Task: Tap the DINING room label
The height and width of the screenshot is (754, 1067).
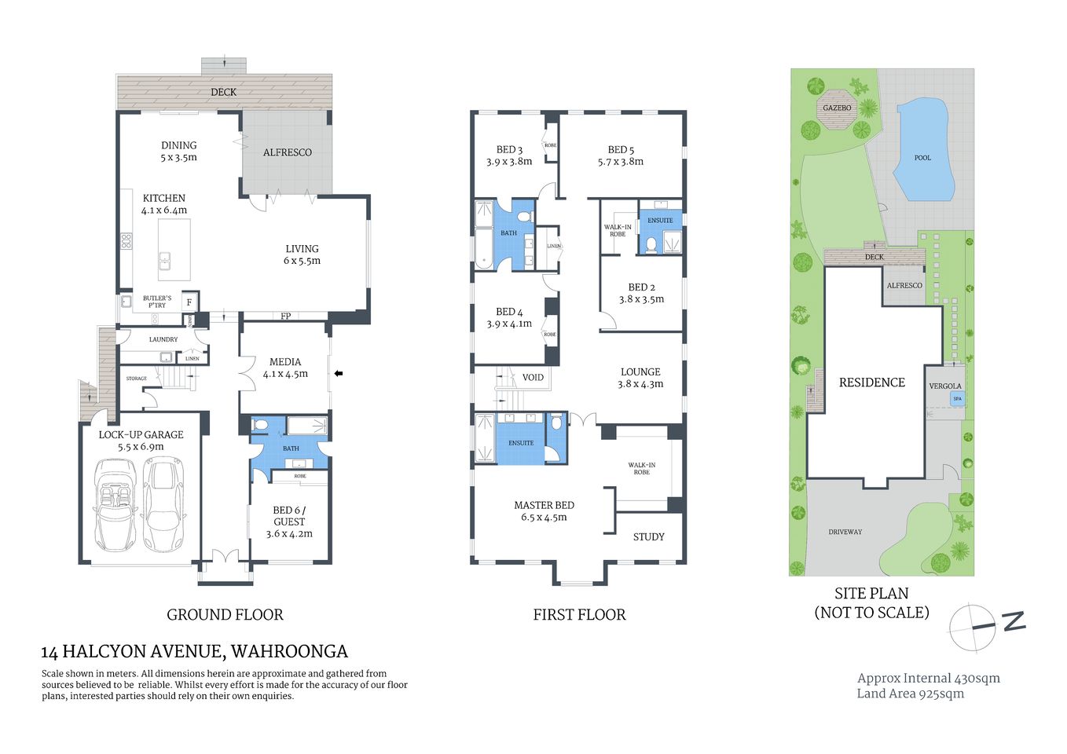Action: coord(179,145)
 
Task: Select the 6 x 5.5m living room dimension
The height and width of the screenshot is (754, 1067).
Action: coord(302,261)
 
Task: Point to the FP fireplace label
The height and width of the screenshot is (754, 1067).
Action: coord(286,317)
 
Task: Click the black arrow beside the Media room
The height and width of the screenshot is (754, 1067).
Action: coord(339,374)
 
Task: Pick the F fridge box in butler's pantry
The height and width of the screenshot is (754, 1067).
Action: coord(189,302)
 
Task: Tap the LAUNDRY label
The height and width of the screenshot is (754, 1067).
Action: coord(163,339)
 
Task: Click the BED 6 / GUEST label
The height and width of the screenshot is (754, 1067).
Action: coord(289,516)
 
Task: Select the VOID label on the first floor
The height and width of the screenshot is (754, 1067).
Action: coord(533,378)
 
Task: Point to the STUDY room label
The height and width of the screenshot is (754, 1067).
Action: coord(648,537)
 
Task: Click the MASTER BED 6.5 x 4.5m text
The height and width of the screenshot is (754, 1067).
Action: coord(544,511)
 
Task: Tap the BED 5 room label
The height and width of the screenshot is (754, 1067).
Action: coord(621,150)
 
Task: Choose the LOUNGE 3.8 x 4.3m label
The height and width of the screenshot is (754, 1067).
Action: coord(640,378)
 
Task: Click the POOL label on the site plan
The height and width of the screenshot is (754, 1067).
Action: coord(922,158)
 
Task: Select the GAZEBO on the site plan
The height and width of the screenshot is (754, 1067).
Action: coord(837,108)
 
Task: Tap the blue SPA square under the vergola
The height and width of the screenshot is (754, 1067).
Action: coord(957,399)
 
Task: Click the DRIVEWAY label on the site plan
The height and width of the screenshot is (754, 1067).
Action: coord(845,533)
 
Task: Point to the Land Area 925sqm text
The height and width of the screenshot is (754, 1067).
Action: coord(910,694)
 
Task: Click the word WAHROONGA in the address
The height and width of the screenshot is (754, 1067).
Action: coord(289,652)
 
